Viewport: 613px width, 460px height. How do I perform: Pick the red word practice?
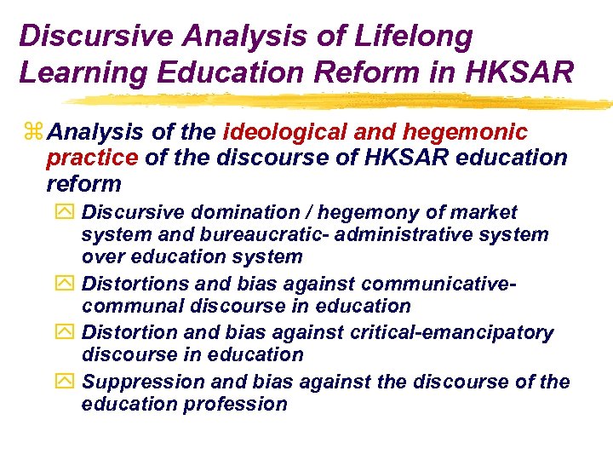coord(92,158)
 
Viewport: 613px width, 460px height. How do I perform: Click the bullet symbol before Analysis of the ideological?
coord(34,133)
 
